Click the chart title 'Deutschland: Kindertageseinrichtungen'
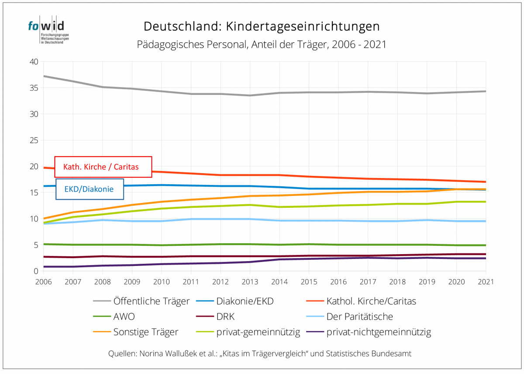(x=262, y=27)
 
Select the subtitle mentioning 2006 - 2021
(x=262, y=45)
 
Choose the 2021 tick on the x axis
(x=486, y=282)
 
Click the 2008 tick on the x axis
(x=102, y=282)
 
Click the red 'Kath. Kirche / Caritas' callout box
(x=103, y=167)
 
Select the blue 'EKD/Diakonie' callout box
(x=90, y=189)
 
